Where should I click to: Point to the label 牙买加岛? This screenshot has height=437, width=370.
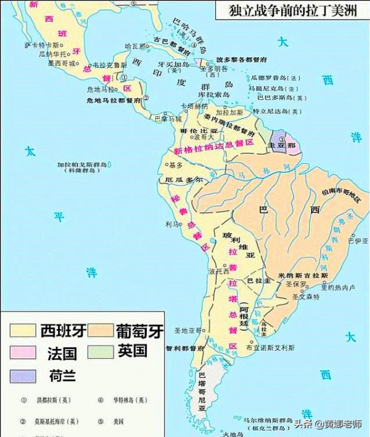(x=171, y=63)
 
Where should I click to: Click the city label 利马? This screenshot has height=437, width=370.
(x=171, y=225)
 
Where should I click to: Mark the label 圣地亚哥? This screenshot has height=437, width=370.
(x=185, y=331)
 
